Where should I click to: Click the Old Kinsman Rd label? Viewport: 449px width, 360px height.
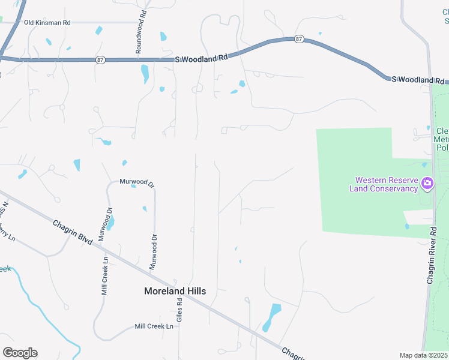click(47, 22)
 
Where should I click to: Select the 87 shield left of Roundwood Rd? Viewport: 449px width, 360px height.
click(100, 60)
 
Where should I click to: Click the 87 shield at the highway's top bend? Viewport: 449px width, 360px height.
click(299, 39)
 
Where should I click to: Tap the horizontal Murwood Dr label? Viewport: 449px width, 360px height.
click(137, 181)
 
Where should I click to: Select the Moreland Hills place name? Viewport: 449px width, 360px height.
click(175, 291)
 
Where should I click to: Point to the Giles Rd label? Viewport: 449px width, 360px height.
click(179, 311)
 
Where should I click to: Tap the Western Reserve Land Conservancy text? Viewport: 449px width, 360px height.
click(386, 184)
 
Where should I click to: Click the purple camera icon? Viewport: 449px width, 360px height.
click(427, 183)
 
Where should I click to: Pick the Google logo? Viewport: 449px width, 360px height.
click(20, 353)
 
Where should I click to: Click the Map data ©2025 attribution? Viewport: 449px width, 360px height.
click(423, 355)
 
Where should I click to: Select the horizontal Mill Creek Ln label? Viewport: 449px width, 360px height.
click(154, 326)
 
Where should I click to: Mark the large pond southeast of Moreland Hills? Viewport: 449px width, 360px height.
click(272, 317)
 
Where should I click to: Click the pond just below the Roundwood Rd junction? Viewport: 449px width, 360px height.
click(145, 74)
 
